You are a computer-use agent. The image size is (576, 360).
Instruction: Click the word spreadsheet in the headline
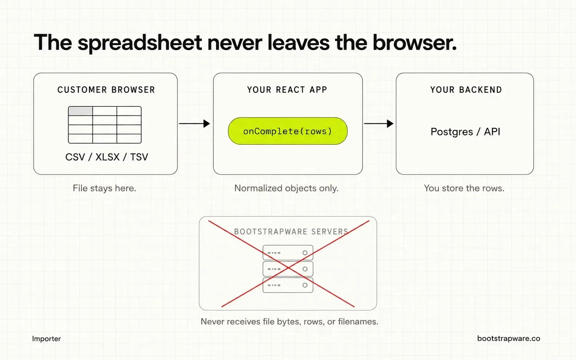[139, 43]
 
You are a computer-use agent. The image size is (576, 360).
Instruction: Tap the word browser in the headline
[414, 42]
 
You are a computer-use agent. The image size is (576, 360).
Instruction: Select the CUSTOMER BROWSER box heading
[106, 90]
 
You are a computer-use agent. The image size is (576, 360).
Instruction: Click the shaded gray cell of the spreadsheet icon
[80, 111]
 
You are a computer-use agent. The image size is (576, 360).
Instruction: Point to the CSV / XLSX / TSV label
[107, 157]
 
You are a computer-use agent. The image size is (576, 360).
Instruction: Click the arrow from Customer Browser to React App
[194, 124]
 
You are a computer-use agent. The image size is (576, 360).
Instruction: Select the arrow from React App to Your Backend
[379, 124]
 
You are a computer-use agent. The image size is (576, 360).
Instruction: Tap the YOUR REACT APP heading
[287, 90]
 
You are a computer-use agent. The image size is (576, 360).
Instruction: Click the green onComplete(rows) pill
[288, 131]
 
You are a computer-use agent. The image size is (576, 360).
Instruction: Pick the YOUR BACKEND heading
[466, 90]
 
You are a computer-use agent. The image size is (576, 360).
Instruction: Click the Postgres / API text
[466, 132]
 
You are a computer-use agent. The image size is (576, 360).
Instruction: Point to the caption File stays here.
[104, 188]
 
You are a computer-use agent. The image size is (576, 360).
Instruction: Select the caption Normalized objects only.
[287, 188]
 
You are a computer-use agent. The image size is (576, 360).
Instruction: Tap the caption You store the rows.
[464, 188]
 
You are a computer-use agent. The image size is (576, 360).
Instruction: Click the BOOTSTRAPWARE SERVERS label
[291, 232]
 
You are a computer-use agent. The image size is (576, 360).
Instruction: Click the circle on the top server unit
[305, 253]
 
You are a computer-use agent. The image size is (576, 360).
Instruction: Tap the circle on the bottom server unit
[305, 285]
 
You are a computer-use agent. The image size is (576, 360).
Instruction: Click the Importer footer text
[46, 339]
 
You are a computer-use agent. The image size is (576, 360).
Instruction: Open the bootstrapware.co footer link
[508, 339]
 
